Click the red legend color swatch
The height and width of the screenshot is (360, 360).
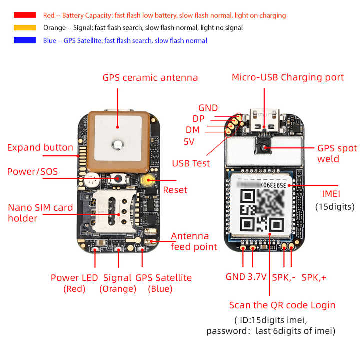pyautogui.click(x=25, y=15)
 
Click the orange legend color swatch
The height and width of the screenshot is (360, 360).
pyautogui.click(x=25, y=28)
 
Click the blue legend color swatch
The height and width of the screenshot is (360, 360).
pyautogui.click(x=25, y=40)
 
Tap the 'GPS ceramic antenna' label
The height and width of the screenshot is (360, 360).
pyautogui.click(x=150, y=78)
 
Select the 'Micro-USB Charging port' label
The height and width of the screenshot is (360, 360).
pyautogui.click(x=288, y=77)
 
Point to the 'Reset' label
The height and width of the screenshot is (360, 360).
pyautogui.click(x=175, y=190)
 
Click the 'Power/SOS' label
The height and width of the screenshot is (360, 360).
pyautogui.click(x=32, y=172)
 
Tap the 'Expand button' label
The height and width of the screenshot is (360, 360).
pyautogui.click(x=40, y=148)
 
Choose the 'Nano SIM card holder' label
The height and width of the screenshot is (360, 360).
pyautogui.click(x=40, y=213)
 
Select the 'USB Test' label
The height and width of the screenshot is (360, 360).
pyautogui.click(x=191, y=163)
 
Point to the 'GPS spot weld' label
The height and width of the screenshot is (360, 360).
pyautogui.click(x=337, y=154)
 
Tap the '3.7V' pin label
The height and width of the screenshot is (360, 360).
pyautogui.click(x=257, y=277)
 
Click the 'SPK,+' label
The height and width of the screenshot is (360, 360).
pyautogui.click(x=314, y=277)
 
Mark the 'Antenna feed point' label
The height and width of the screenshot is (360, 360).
pyautogui.click(x=194, y=241)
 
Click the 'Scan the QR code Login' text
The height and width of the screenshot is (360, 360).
pyautogui.click(x=282, y=305)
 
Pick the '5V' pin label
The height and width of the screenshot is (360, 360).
pyautogui.click(x=189, y=141)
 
